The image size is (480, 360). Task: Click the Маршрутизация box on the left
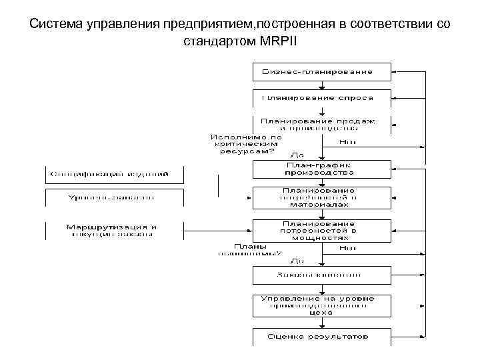[x=112, y=230]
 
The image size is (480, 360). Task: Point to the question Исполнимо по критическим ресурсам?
[x=247, y=144]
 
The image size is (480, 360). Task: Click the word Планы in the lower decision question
[x=246, y=245]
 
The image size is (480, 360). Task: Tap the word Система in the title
[x=55, y=25]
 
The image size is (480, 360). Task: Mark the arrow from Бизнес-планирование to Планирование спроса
[x=322, y=85]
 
